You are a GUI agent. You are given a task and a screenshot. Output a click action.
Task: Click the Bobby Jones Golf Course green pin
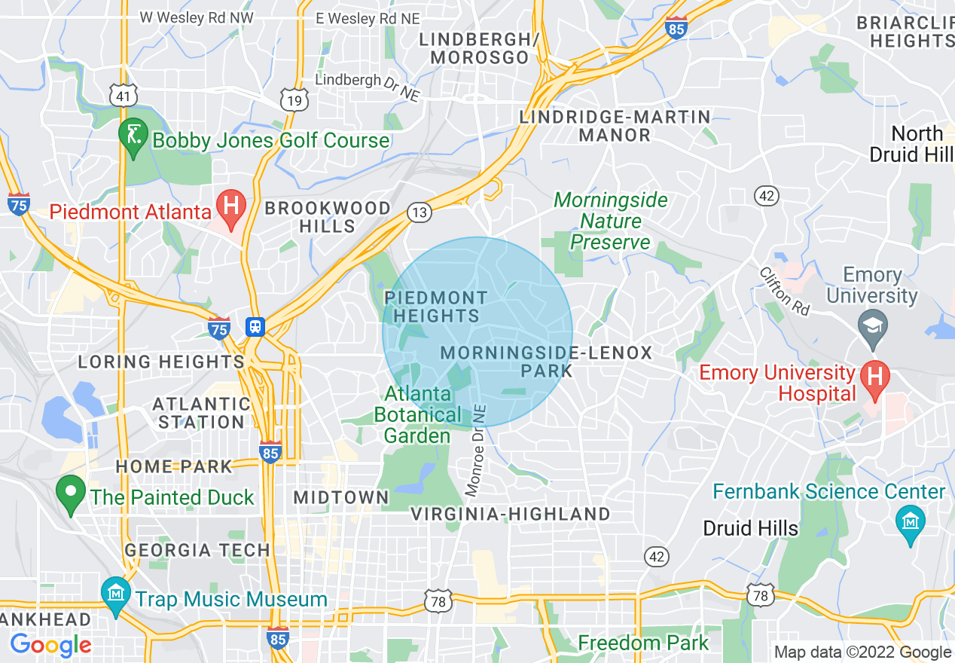coord(133,137)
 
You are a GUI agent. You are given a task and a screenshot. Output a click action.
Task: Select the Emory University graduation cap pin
coord(874,327)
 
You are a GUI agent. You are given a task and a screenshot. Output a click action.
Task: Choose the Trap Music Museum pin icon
coord(116,597)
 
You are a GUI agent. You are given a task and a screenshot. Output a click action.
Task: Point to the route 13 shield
coord(420,212)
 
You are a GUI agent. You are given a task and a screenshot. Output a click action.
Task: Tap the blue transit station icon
coord(256,327)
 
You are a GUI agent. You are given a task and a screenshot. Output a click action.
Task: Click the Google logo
coord(50,645)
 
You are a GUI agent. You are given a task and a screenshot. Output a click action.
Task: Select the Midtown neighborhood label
coord(341,497)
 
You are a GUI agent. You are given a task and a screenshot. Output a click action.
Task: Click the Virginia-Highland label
coord(510,515)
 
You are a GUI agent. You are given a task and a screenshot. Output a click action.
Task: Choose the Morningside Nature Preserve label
coord(611,221)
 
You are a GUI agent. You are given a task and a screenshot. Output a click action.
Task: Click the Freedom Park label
coord(643,643)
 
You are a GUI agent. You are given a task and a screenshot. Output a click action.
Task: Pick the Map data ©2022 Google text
coord(863,652)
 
